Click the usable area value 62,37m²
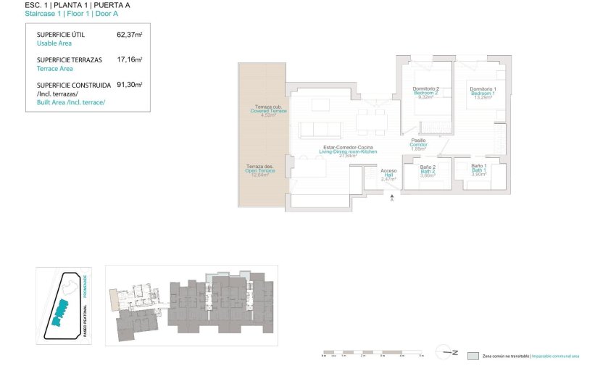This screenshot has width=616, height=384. pyautogui.click(x=129, y=34)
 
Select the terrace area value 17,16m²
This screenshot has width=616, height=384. pyautogui.click(x=129, y=59)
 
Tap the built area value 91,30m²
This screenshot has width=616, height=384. pyautogui.click(x=129, y=85)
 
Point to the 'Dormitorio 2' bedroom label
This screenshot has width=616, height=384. pyautogui.click(x=426, y=89)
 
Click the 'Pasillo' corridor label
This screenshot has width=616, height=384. pyautogui.click(x=418, y=141)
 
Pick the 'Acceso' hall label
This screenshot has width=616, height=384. pyautogui.click(x=388, y=171)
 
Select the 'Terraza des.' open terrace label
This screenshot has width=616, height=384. pyautogui.click(x=259, y=167)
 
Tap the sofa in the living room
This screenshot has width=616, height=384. pyautogui.click(x=320, y=130)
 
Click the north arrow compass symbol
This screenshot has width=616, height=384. pyautogui.click(x=446, y=353)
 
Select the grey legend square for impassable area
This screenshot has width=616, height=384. pyautogui.click(x=473, y=356)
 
